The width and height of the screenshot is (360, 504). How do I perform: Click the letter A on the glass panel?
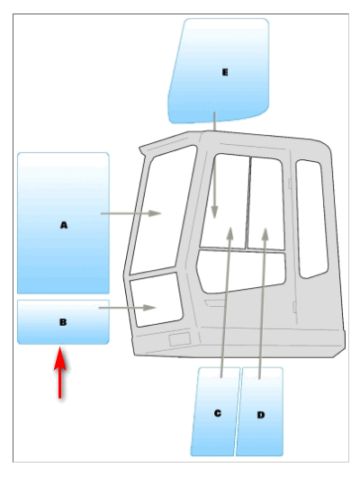(x=64, y=225)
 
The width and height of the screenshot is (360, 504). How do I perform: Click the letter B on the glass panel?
(x=63, y=322)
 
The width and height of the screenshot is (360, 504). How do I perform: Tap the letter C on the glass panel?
(x=218, y=413)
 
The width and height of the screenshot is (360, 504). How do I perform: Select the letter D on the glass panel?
(x=261, y=415)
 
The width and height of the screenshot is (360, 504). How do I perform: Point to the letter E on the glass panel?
(x=225, y=72)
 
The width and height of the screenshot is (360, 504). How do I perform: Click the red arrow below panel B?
(x=60, y=373)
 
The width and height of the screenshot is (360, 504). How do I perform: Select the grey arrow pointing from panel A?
(x=130, y=213)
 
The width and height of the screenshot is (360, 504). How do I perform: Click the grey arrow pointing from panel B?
(x=127, y=308)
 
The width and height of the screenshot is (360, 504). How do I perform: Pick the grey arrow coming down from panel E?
(x=214, y=166)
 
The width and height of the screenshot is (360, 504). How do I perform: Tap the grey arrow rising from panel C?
(x=226, y=302)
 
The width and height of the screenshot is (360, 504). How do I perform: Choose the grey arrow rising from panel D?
(x=262, y=303)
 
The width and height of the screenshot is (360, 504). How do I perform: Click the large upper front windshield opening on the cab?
(x=163, y=210)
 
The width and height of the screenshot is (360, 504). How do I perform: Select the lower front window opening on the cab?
(x=157, y=300)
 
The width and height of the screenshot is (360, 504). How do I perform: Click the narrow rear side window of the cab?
(x=311, y=219)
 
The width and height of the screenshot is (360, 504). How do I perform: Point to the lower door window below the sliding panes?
(x=241, y=272)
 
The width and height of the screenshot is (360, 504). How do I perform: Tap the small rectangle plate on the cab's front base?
(x=180, y=339)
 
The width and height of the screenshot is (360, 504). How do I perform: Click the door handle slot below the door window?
(x=215, y=303)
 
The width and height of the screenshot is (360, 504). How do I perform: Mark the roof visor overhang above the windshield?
(x=167, y=141)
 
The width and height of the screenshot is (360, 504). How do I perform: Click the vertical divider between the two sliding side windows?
(x=247, y=202)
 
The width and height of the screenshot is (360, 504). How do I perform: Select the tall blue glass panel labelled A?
(x=63, y=223)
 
